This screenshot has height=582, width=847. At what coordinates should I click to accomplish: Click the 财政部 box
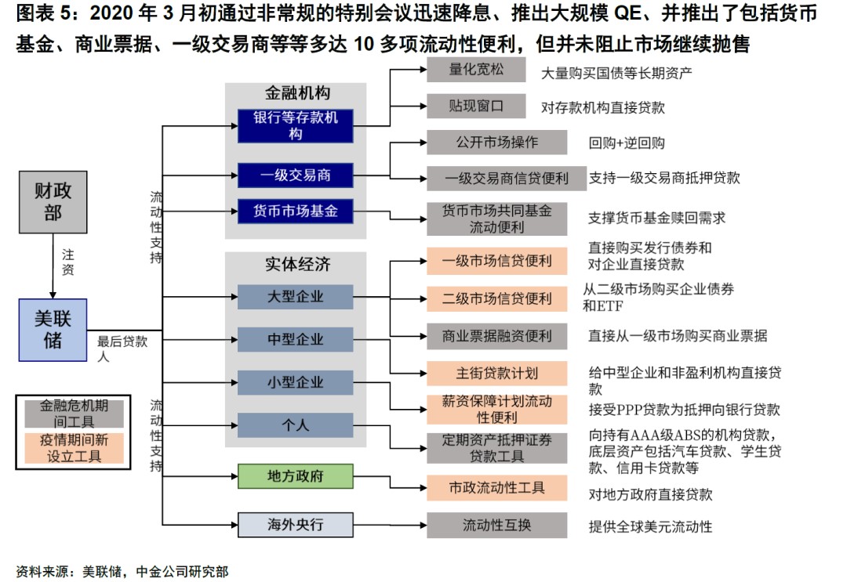click(x=53, y=201)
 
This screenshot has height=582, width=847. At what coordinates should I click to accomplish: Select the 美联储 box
click(x=53, y=330)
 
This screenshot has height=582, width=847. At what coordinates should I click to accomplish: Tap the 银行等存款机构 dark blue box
click(x=295, y=126)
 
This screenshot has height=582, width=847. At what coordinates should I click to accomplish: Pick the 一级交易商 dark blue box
click(x=295, y=175)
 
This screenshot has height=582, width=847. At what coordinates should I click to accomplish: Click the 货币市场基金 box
click(x=295, y=211)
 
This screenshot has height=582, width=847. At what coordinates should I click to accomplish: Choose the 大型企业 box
click(x=295, y=297)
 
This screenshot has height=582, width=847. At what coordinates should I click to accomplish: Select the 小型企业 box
click(x=295, y=382)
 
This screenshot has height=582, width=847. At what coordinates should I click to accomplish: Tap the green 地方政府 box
click(x=295, y=476)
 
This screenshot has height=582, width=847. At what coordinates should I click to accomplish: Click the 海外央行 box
click(x=295, y=524)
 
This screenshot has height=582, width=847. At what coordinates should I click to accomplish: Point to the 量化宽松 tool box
click(x=476, y=69)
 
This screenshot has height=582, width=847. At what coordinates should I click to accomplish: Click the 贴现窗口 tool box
click(x=476, y=105)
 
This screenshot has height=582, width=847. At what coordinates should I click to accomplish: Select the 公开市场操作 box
click(x=496, y=143)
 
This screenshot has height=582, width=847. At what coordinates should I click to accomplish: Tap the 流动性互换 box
click(x=496, y=525)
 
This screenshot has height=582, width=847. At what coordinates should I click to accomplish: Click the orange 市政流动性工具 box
click(x=496, y=488)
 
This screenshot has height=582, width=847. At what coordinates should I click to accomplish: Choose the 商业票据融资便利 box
click(x=496, y=336)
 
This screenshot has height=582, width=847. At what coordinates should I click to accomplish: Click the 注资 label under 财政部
click(x=68, y=262)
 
